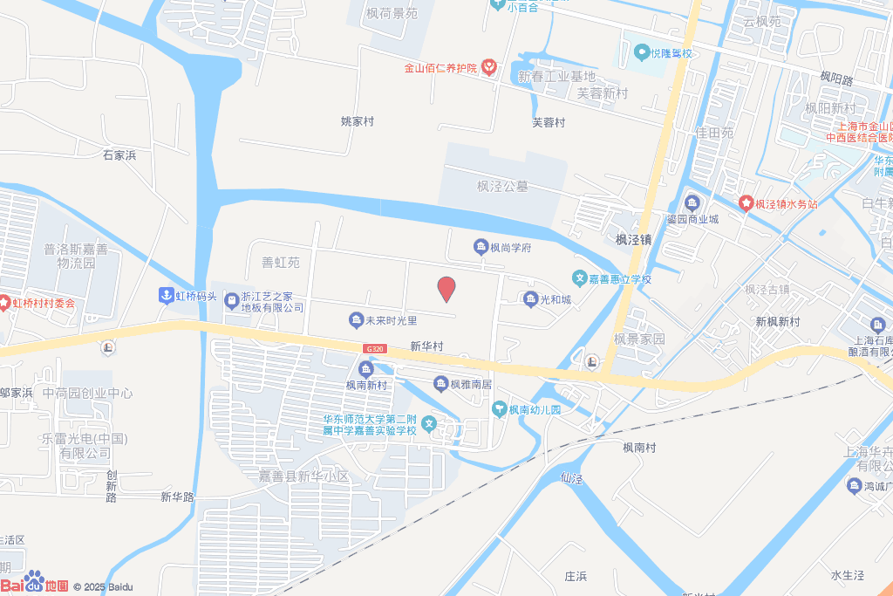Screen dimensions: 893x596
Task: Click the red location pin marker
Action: point(446,288)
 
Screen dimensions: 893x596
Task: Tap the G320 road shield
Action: point(375,348)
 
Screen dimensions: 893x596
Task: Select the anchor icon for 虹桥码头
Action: point(165,296)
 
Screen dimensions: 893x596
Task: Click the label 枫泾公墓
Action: point(502,186)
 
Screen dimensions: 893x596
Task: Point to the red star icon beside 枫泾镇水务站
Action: point(746,203)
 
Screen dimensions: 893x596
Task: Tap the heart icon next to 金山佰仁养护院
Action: point(488,67)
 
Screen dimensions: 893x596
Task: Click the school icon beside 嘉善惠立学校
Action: point(578,278)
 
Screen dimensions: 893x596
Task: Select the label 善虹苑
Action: point(281,262)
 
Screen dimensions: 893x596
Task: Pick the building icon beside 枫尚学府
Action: point(480,248)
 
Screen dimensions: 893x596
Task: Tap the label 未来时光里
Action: point(392,321)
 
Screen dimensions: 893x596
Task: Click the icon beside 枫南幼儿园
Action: point(500,408)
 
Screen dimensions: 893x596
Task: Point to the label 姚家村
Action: point(358,121)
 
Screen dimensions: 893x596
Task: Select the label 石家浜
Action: point(120,155)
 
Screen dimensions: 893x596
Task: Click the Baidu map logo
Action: point(35,583)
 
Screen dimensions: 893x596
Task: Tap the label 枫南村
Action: point(639,447)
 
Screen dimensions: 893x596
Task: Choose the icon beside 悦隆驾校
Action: point(642,53)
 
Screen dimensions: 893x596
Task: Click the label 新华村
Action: point(426,346)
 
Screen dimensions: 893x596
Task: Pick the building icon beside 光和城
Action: point(530,299)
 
